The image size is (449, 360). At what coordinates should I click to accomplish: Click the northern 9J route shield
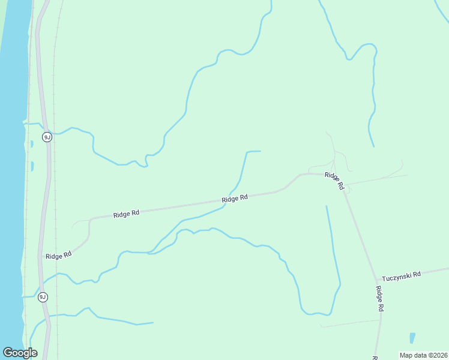pyautogui.click(x=47, y=137)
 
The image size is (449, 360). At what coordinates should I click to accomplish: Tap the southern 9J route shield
pyautogui.click(x=43, y=297)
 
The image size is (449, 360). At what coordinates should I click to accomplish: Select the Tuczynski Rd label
pyautogui.click(x=402, y=274)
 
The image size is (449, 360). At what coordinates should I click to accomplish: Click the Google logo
pyautogui.click(x=20, y=352)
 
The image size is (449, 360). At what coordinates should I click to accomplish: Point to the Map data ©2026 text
pyautogui.click(x=424, y=355)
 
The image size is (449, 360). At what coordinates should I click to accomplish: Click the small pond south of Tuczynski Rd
pyautogui.click(x=412, y=337)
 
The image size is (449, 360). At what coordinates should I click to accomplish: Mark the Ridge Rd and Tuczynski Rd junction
pyautogui.click(x=377, y=279)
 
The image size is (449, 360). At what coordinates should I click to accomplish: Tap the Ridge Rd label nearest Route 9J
pyautogui.click(x=58, y=255)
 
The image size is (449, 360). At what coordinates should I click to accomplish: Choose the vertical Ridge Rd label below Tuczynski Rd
pyautogui.click(x=380, y=298)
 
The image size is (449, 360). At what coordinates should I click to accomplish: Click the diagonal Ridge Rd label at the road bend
pyautogui.click(x=334, y=181)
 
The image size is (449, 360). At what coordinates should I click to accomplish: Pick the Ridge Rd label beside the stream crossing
pyautogui.click(x=235, y=199)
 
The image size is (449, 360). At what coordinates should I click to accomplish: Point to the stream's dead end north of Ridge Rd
pyautogui.click(x=260, y=151)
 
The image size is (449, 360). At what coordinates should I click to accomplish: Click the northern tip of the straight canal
pyautogui.click(x=327, y=207)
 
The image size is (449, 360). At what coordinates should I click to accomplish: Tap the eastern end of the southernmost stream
pyautogui.click(x=152, y=323)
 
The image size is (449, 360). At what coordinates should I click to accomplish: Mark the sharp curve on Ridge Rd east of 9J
pyautogui.click(x=90, y=222)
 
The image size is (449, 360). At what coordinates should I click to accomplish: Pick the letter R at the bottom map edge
pyautogui.click(x=374, y=358)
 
